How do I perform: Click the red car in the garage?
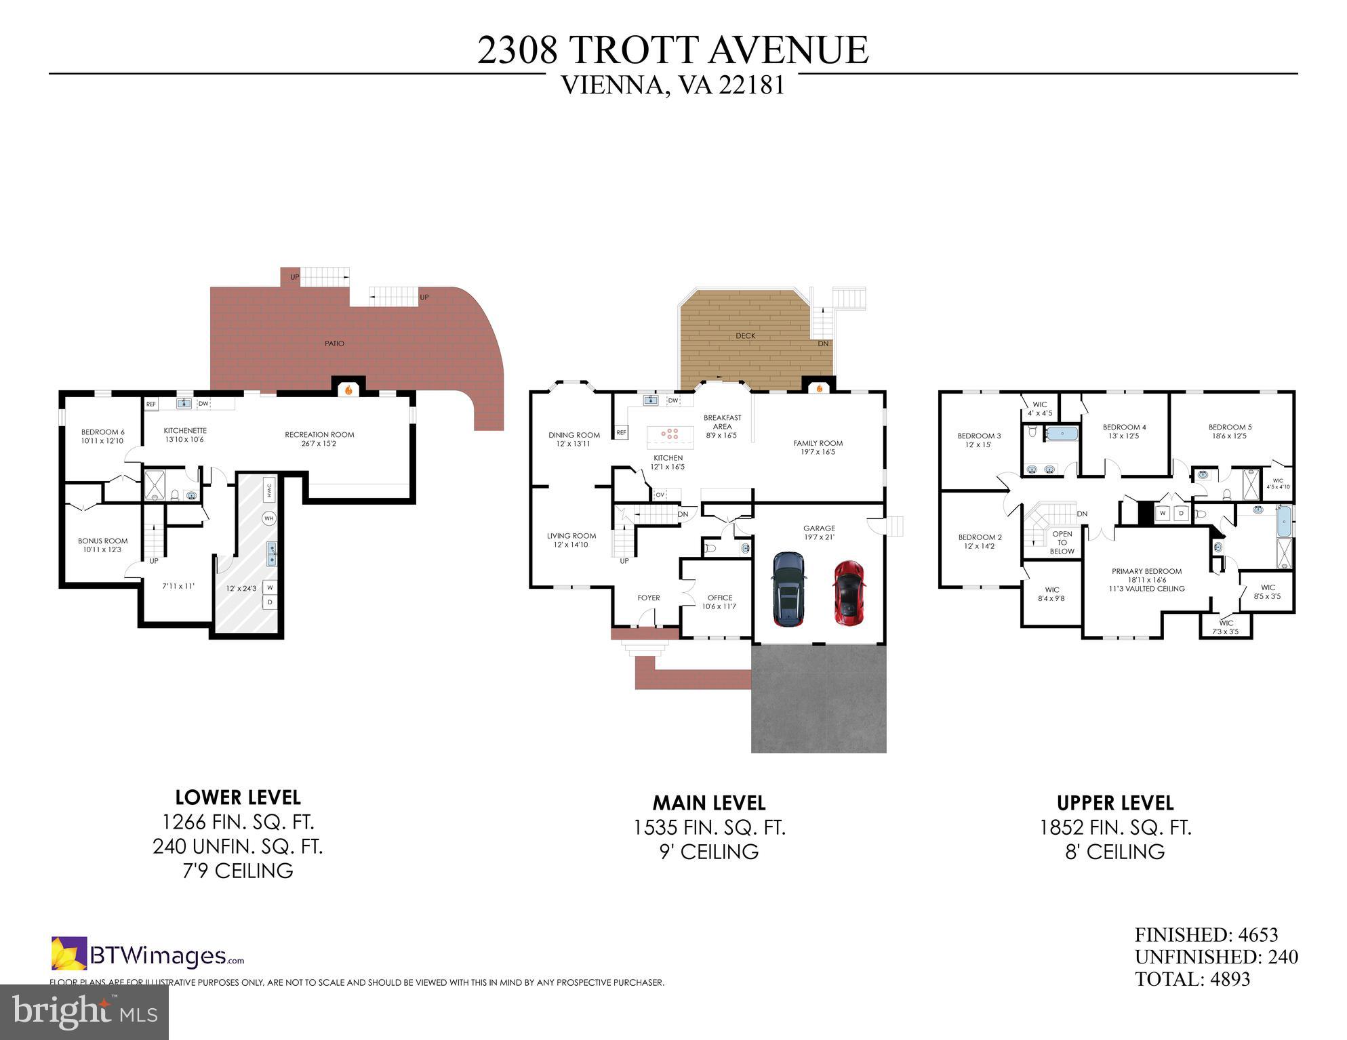849,592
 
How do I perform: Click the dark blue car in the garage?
788,589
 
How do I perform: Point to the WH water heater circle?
269,518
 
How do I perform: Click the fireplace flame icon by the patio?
348,390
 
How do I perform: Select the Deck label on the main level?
745,336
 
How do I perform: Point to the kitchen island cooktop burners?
670,433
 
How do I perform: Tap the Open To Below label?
1062,542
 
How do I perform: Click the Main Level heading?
708,804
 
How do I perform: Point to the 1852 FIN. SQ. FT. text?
1115,828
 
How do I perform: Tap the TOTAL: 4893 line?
1192,979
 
